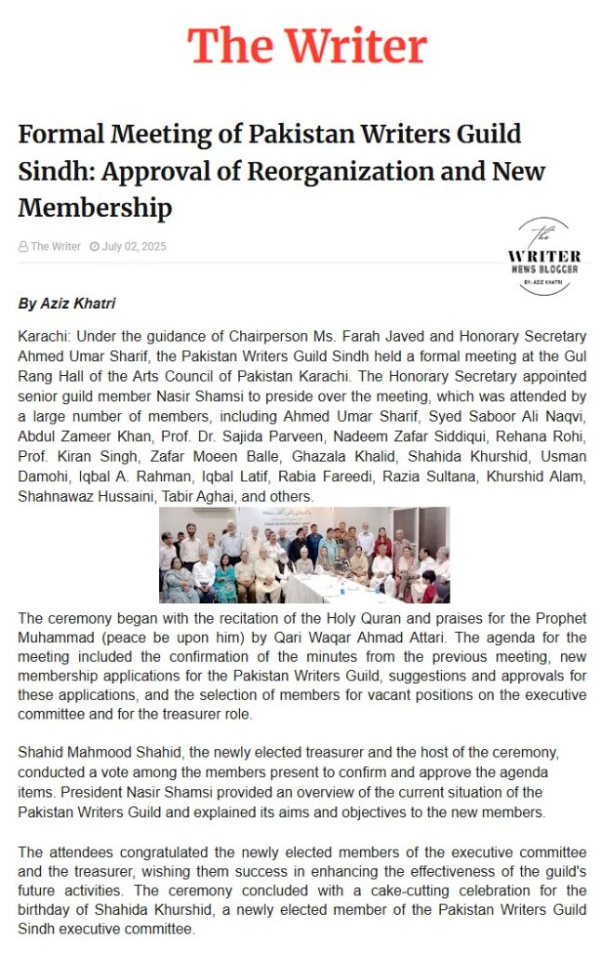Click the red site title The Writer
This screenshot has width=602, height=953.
pyautogui.click(x=307, y=45)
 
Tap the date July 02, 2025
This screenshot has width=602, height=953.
pyautogui.click(x=134, y=247)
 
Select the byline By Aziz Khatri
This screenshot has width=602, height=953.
pyautogui.click(x=66, y=304)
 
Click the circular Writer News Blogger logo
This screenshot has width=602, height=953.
pyautogui.click(x=543, y=256)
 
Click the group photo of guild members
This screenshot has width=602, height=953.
pyautogui.click(x=304, y=555)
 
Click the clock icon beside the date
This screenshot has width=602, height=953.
pyautogui.click(x=94, y=247)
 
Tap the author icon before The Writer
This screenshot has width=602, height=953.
pyautogui.click(x=23, y=247)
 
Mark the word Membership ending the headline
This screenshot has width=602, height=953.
pyautogui.click(x=95, y=207)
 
